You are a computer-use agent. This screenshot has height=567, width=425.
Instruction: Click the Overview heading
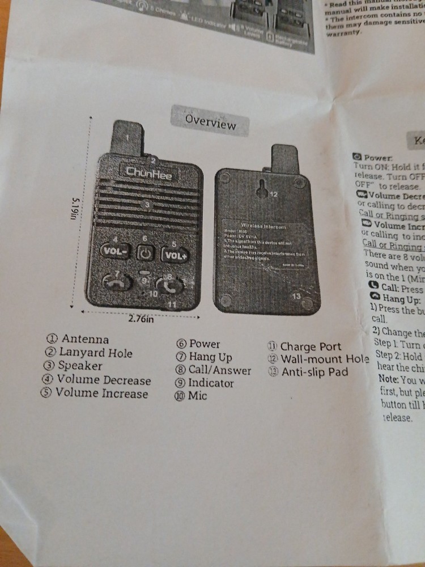point(210,121)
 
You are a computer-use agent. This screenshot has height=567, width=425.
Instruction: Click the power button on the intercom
point(144,253)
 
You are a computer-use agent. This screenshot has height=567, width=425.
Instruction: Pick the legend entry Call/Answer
point(219,370)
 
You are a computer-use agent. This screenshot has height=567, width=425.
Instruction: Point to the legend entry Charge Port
point(311,346)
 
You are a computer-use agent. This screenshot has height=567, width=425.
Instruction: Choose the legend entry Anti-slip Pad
point(314,373)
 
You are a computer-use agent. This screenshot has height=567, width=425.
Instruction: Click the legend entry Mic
point(197,396)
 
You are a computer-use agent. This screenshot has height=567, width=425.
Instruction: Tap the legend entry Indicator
point(210,383)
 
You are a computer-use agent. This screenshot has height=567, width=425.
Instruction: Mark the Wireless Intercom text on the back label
point(263,226)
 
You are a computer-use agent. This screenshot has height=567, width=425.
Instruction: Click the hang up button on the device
point(116,282)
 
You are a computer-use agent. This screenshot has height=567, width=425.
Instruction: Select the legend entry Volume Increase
point(101,393)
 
